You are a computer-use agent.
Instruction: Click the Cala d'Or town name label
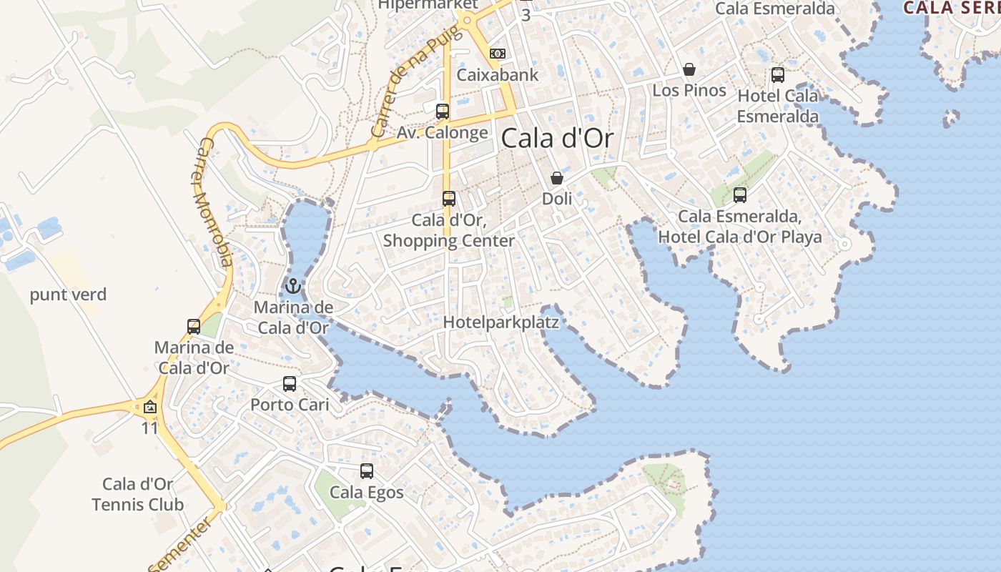point(557,138)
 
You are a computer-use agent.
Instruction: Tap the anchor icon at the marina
point(292,287)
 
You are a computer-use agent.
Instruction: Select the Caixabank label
point(498,74)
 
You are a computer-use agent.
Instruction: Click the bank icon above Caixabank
point(498,54)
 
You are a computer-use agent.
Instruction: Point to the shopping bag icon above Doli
point(557,178)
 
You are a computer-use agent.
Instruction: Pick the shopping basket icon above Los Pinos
point(689,69)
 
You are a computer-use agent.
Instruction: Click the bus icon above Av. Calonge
point(443,111)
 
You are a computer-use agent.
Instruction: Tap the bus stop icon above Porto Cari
point(290,384)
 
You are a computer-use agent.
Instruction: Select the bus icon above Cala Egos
point(367,471)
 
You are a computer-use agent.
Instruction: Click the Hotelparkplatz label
point(500,322)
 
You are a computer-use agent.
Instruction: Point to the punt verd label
point(68,295)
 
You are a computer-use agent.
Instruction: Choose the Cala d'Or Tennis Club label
point(138,494)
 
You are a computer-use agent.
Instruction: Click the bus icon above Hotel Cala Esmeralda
point(778,74)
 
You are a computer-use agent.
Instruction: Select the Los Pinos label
point(689,90)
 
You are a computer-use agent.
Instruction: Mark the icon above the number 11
point(150,408)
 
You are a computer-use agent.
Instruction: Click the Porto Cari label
point(290,405)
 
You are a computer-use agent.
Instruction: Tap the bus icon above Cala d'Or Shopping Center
point(449,199)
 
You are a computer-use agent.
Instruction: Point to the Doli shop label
point(557,199)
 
